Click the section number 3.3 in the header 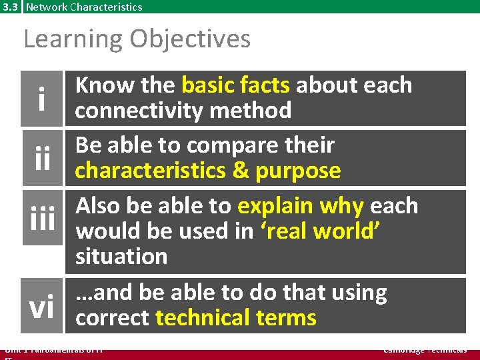pos(11,7)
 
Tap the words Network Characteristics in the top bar pos(84,7)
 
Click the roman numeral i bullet pos(42,99)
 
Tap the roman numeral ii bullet pos(42,159)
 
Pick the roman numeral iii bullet pos(42,219)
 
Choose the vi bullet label pos(42,307)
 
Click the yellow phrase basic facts pos(235,85)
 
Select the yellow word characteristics pos(150,171)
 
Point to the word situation pos(121,256)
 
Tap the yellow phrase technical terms pos(235,317)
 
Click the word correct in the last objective pos(112,317)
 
